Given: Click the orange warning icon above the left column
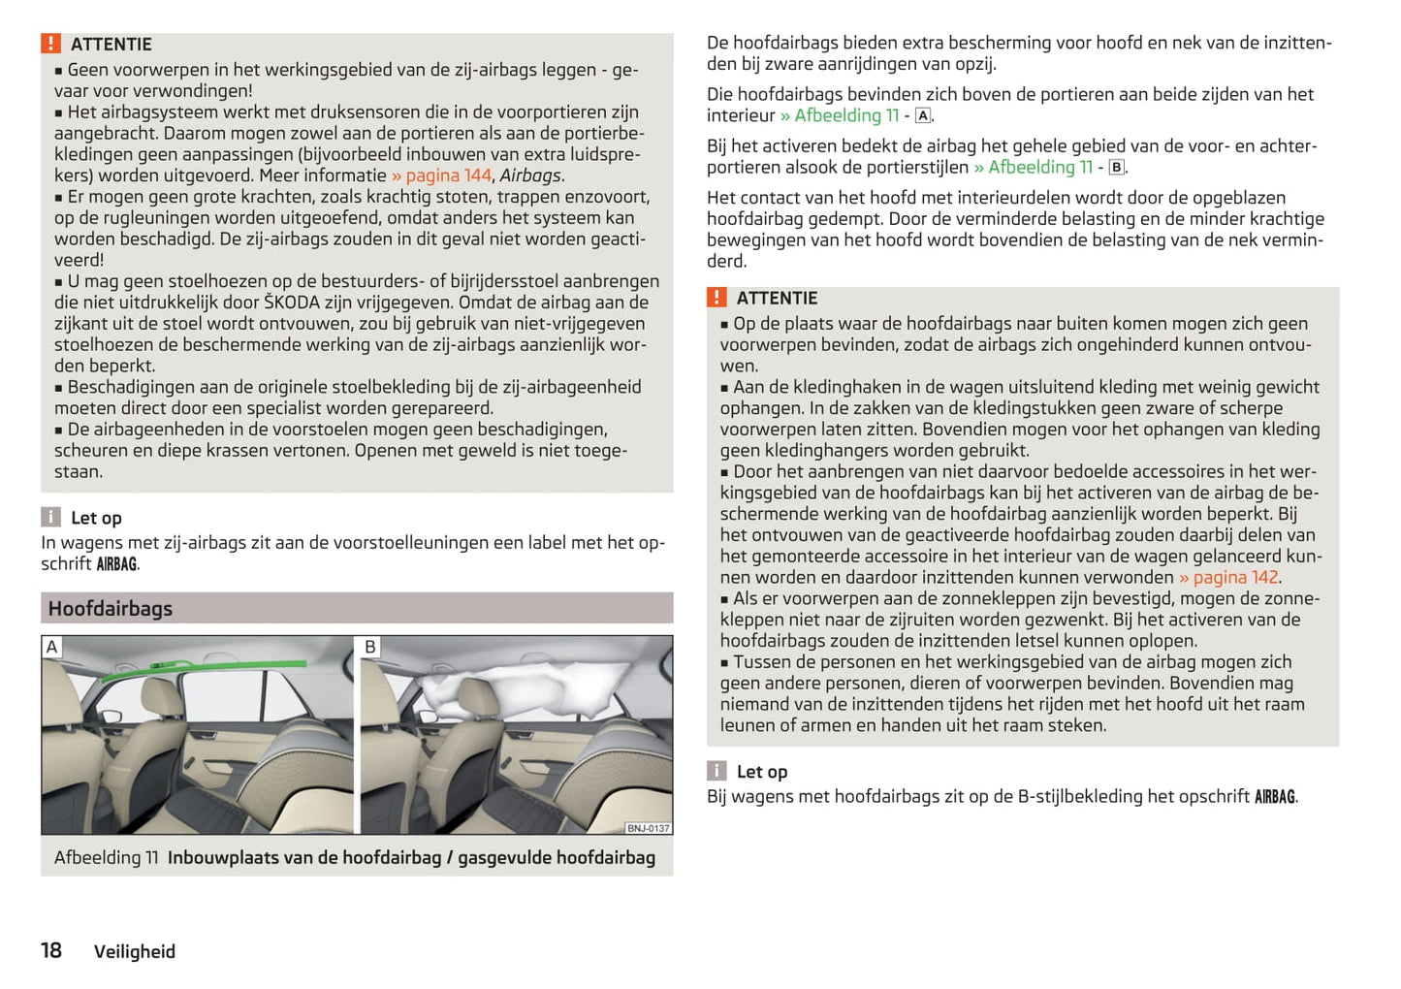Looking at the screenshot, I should (x=50, y=44).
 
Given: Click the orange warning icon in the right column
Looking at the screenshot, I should (x=716, y=298).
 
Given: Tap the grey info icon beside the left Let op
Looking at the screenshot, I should (x=50, y=517).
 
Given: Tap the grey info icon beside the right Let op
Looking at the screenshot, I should (x=716, y=771).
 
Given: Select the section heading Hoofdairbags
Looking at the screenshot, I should (x=111, y=609).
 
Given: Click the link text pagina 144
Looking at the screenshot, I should (x=448, y=175).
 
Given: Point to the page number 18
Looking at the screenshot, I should (x=51, y=950).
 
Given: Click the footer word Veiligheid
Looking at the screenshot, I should (x=135, y=952).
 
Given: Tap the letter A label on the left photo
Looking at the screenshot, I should (x=52, y=647).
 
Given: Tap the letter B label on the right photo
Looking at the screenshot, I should (x=370, y=647).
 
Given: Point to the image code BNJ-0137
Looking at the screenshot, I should (x=648, y=828).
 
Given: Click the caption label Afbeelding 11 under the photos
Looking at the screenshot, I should (x=107, y=858).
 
